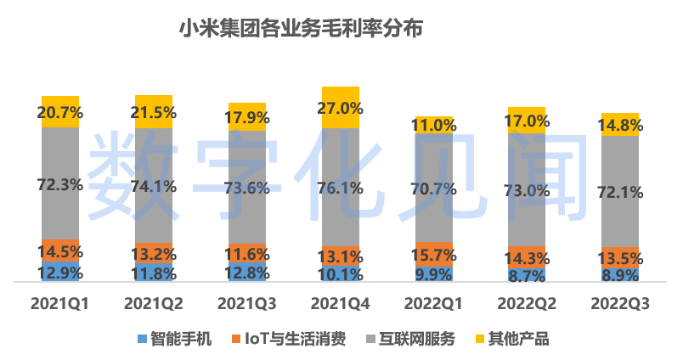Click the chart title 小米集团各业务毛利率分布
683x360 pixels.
(300, 30)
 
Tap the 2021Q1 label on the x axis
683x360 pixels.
(60, 303)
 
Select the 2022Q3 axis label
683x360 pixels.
(620, 303)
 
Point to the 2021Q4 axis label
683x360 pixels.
(341, 303)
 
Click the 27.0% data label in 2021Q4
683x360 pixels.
(341, 109)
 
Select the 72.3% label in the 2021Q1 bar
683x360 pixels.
(60, 182)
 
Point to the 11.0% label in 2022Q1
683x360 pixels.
(434, 125)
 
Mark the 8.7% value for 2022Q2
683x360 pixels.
(528, 274)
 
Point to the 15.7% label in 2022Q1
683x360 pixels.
(434, 254)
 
